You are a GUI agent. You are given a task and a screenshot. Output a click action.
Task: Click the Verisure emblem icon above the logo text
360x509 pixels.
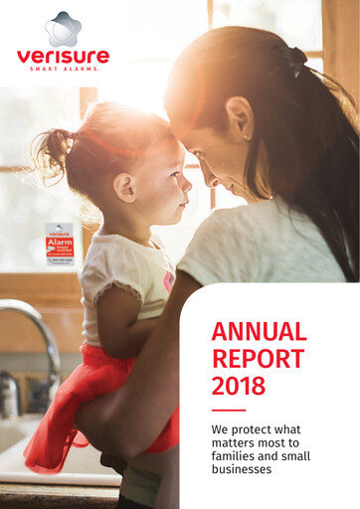pyautogui.click(x=62, y=29)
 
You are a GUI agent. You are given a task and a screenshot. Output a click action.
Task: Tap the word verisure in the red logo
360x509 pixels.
pyautogui.click(x=62, y=56)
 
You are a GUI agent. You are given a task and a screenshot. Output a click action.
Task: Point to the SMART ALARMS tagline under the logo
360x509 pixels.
pyautogui.click(x=62, y=71)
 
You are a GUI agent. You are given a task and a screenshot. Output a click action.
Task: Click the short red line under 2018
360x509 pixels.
pyautogui.click(x=228, y=410)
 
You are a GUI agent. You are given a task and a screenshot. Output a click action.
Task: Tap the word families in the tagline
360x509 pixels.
pyautogui.click(x=237, y=464)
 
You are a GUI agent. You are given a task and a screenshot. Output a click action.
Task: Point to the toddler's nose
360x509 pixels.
pyautogui.click(x=188, y=181)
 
